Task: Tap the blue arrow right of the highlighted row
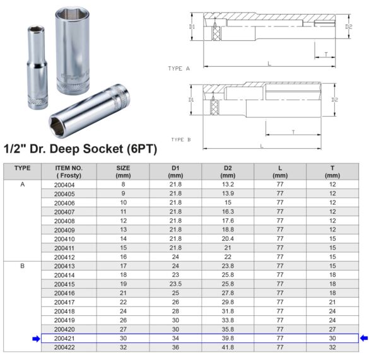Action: tap(363, 339)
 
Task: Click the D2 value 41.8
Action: tap(228, 347)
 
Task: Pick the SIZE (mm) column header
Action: tap(123, 171)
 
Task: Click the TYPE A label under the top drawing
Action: tap(179, 68)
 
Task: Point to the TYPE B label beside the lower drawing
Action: tap(180, 139)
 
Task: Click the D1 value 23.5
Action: tap(175, 284)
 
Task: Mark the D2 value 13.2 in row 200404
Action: tap(228, 184)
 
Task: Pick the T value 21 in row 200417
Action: tap(332, 302)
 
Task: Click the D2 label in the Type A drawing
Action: tap(348, 26)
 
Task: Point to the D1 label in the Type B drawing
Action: tap(191, 100)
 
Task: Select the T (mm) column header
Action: tap(332, 171)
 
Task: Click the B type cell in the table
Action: tap(23, 266)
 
